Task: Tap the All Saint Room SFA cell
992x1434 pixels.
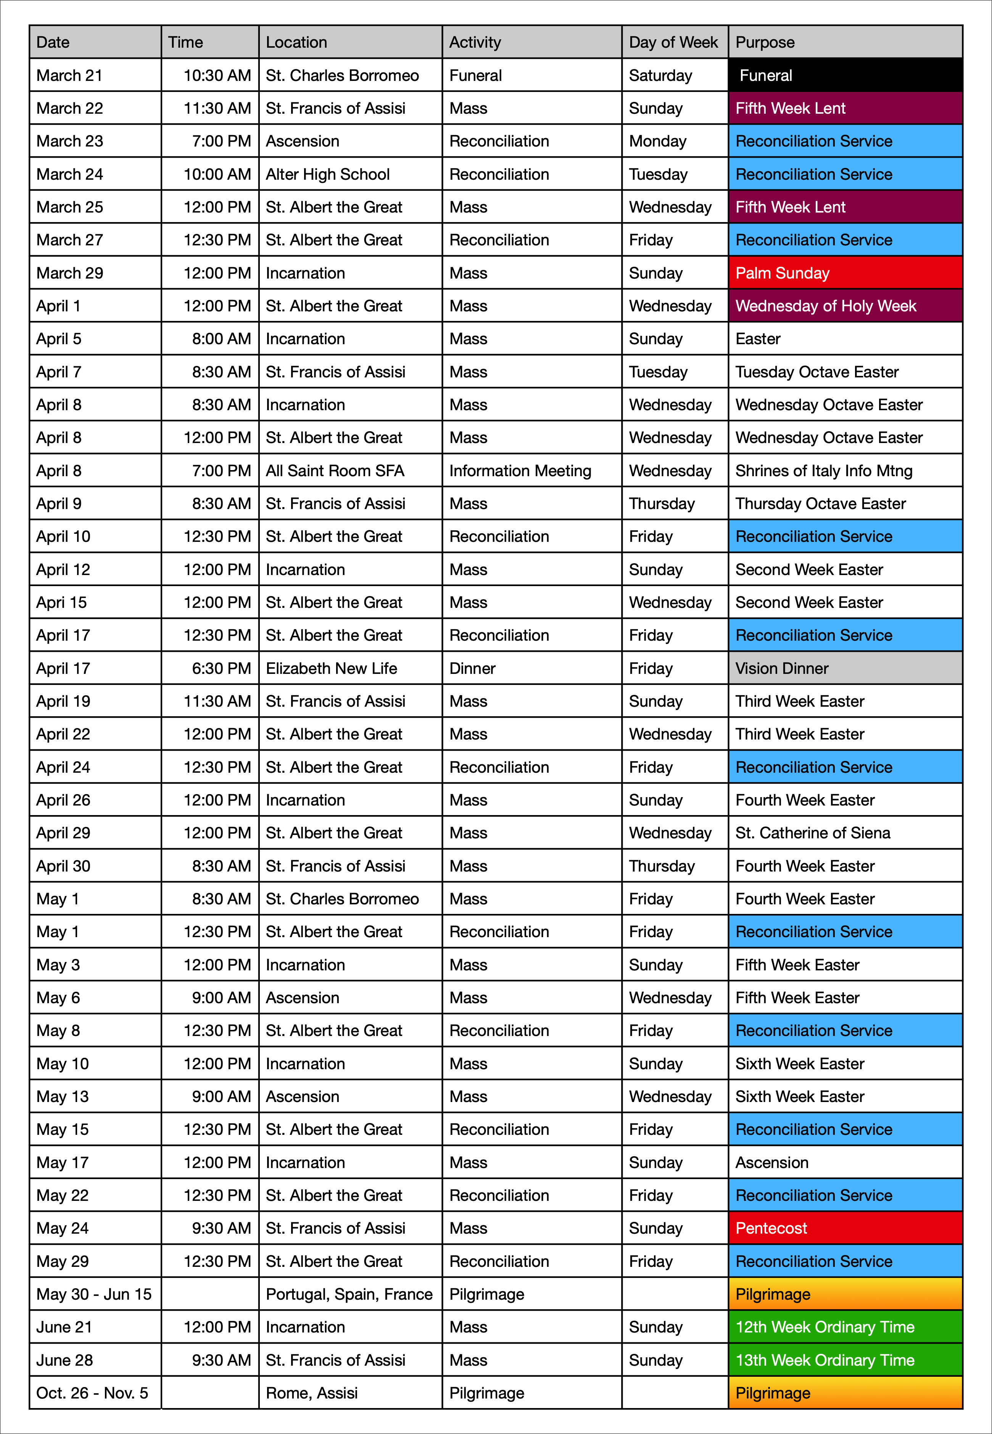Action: [350, 470]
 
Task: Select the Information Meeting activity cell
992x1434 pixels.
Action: [531, 470]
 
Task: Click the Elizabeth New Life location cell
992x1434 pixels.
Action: [350, 668]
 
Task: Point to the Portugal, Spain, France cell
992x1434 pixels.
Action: [350, 1294]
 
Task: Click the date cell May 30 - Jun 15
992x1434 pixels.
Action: [95, 1294]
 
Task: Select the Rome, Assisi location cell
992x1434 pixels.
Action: [350, 1393]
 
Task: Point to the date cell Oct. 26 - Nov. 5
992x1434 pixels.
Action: [95, 1393]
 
